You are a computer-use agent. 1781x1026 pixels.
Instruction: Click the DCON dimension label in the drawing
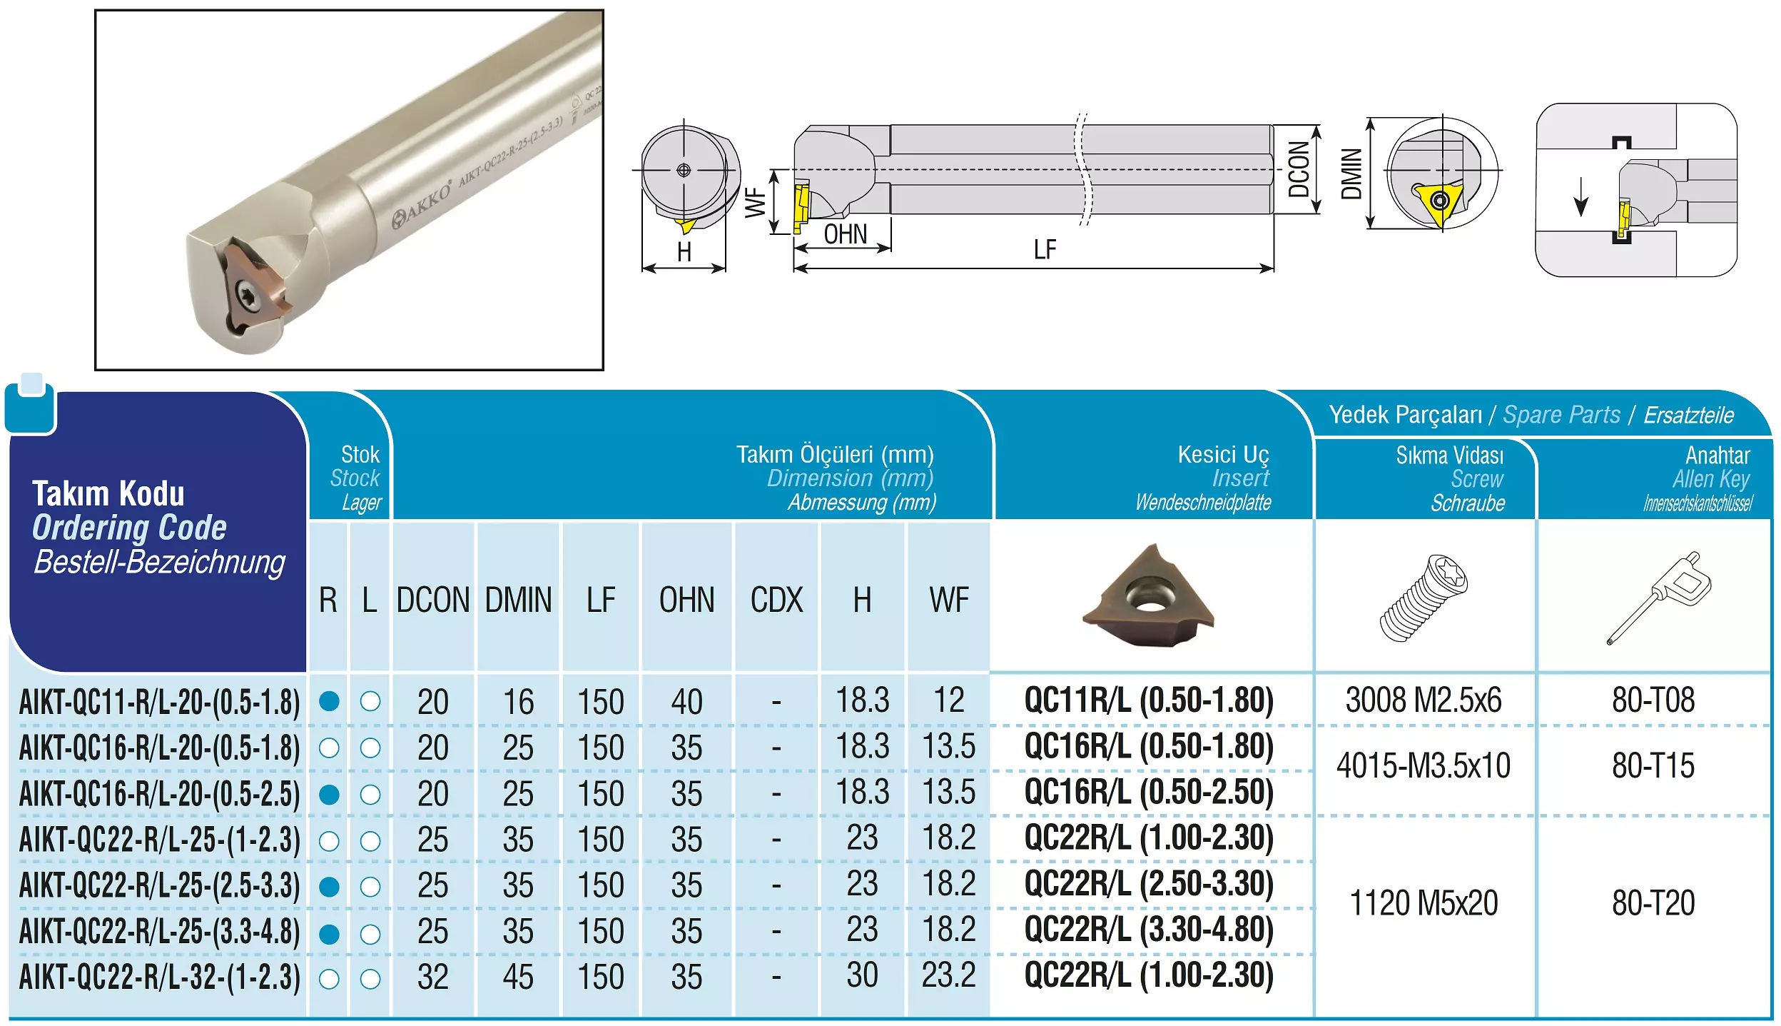coord(1299,169)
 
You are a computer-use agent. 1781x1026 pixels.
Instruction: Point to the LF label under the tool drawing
coord(1045,250)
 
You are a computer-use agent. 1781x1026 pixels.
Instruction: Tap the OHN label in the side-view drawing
coord(846,234)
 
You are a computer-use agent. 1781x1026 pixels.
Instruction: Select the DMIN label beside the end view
coord(1351,173)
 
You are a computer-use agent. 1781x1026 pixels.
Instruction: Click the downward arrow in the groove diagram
coord(1580,196)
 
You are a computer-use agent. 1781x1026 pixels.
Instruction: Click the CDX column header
coord(776,600)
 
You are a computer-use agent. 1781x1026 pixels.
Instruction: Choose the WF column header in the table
coord(948,600)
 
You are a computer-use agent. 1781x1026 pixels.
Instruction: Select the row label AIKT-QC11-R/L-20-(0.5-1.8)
coord(160,702)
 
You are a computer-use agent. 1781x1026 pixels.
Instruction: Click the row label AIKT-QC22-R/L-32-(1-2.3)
coord(160,977)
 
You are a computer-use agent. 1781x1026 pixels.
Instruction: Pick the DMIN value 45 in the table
coord(518,977)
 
